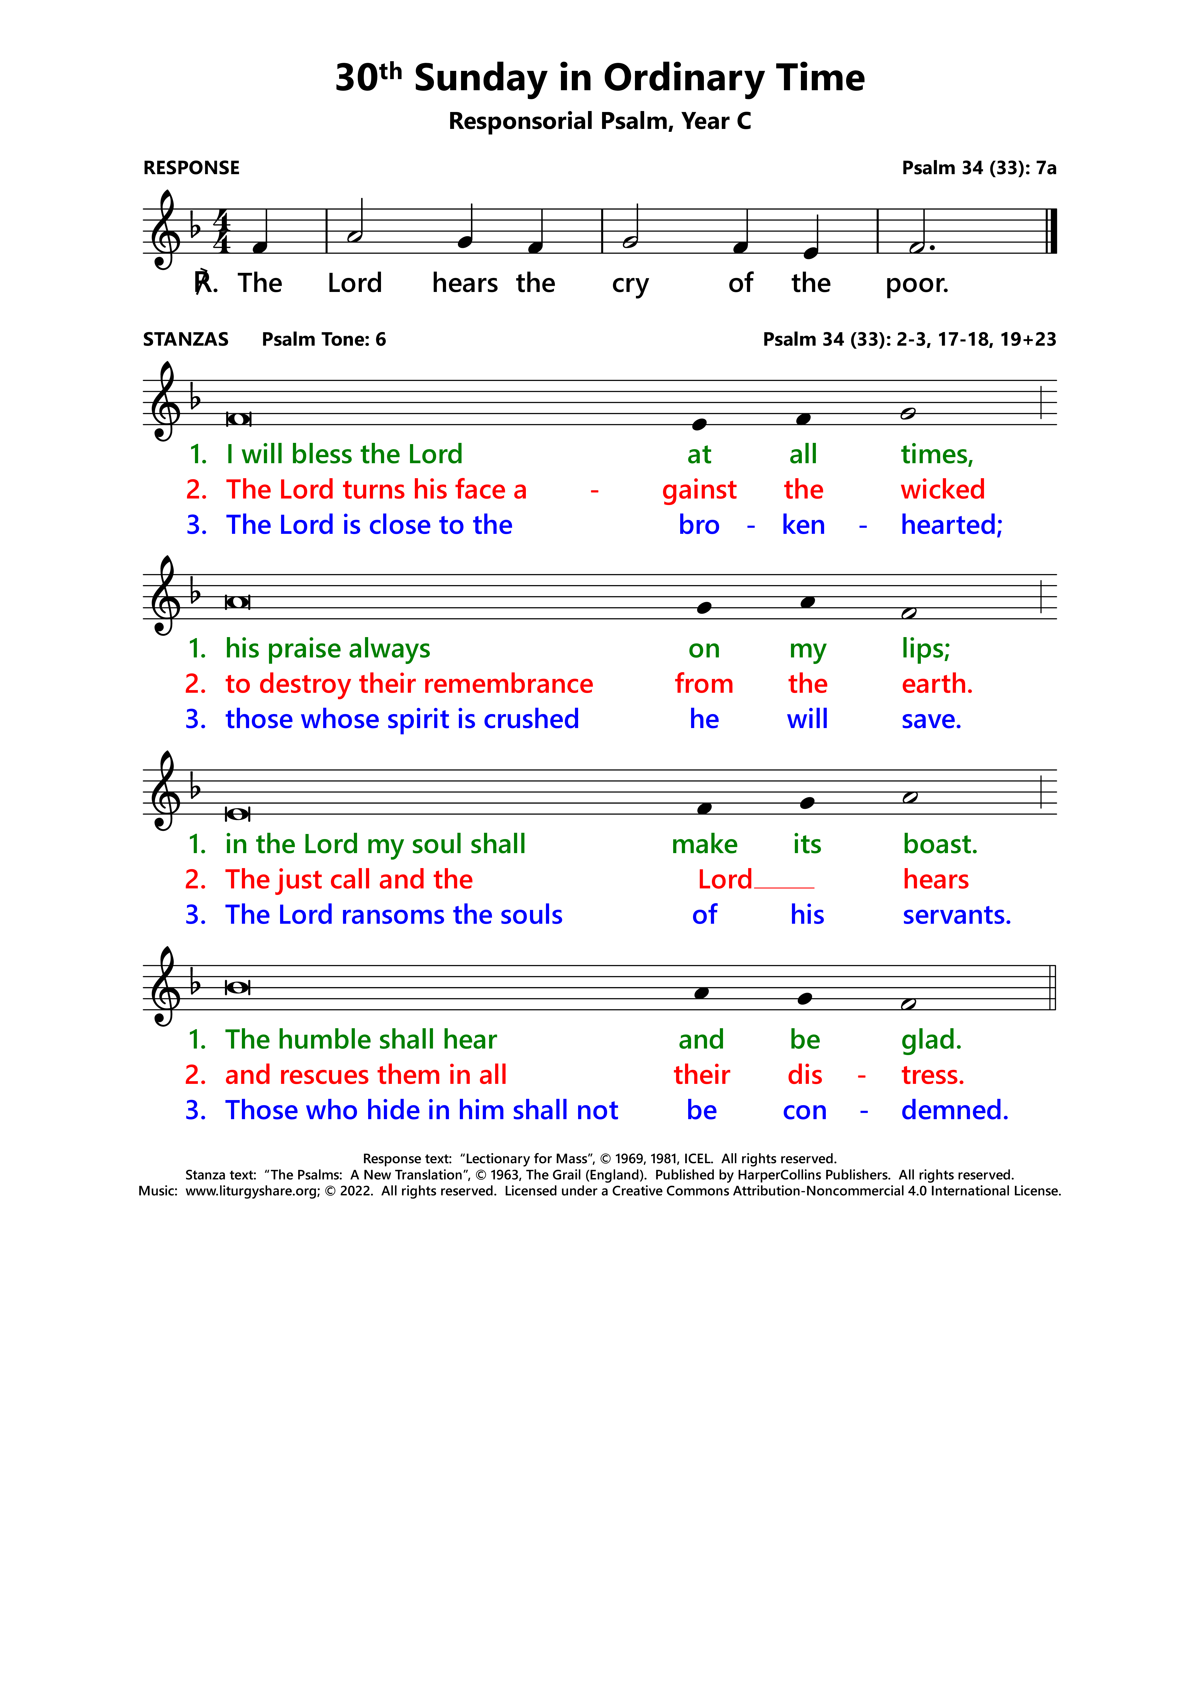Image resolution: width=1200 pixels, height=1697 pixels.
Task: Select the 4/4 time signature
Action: tap(221, 231)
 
